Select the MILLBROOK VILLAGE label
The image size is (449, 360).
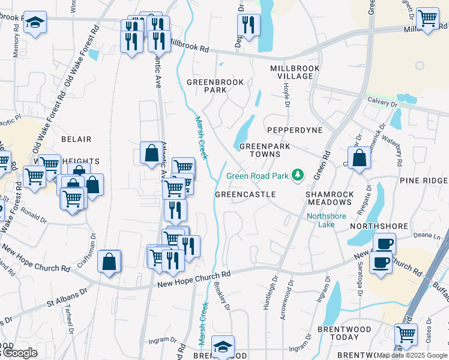[x=291, y=72]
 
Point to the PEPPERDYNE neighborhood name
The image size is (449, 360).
[x=295, y=130]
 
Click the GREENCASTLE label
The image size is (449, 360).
[x=245, y=194]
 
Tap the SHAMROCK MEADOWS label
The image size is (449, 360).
[x=330, y=199]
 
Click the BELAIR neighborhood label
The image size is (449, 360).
[x=76, y=139]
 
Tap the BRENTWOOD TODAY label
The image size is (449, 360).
[x=346, y=334]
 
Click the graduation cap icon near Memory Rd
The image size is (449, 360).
[x=35, y=23]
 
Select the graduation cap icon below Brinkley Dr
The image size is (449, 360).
[x=223, y=346]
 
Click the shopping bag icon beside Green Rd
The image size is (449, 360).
[x=360, y=158]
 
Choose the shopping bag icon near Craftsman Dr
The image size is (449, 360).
[x=109, y=262]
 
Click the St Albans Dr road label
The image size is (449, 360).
[x=67, y=297]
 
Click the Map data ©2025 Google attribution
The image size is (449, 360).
[x=412, y=355]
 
